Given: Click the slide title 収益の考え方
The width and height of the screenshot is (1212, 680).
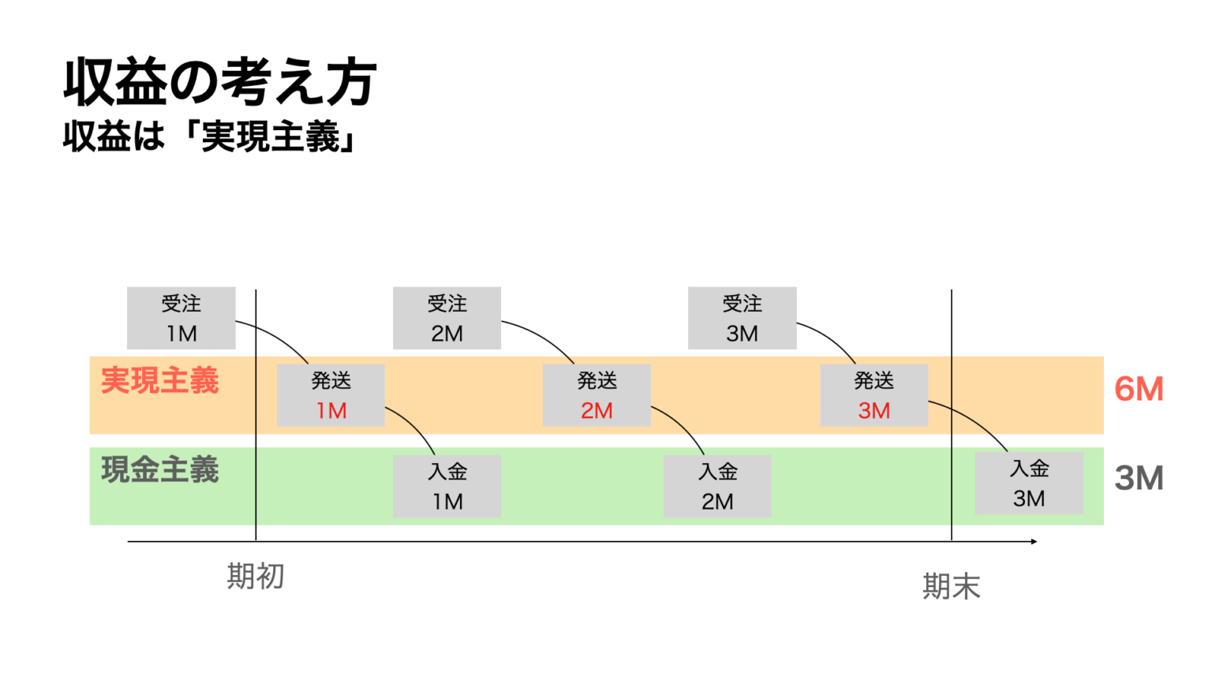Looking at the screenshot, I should [x=219, y=82].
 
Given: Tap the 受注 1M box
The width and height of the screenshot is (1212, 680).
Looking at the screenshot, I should [x=181, y=318].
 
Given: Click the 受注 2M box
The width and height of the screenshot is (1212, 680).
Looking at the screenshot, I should [x=447, y=318].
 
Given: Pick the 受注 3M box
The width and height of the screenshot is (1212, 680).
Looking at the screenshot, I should [x=742, y=318].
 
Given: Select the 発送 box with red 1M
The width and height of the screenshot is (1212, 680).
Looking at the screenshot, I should [x=331, y=395].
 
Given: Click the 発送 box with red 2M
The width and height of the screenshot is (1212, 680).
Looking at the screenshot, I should [x=597, y=395].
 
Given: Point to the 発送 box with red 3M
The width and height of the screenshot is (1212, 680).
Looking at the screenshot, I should [x=873, y=395].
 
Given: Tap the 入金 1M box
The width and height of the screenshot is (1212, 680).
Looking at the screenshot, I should [x=447, y=486].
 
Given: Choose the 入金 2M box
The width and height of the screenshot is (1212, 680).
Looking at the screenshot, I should [x=717, y=486].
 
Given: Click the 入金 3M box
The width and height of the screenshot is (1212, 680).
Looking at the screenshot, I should [x=1029, y=483].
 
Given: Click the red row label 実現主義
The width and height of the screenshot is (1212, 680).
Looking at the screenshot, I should [x=160, y=381].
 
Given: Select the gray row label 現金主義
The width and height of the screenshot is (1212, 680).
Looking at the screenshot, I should [x=160, y=470].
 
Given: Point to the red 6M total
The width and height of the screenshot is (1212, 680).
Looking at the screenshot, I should [x=1139, y=389].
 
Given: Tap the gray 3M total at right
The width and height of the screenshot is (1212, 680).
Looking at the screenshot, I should [x=1139, y=478].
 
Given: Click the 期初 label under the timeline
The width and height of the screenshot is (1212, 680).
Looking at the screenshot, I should [x=256, y=577].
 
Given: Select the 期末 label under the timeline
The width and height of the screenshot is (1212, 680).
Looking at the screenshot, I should [x=952, y=586].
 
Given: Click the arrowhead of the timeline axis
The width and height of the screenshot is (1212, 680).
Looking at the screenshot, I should [x=1033, y=541].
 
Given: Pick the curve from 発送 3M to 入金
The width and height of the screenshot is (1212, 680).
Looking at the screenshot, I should [x=974, y=420].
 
